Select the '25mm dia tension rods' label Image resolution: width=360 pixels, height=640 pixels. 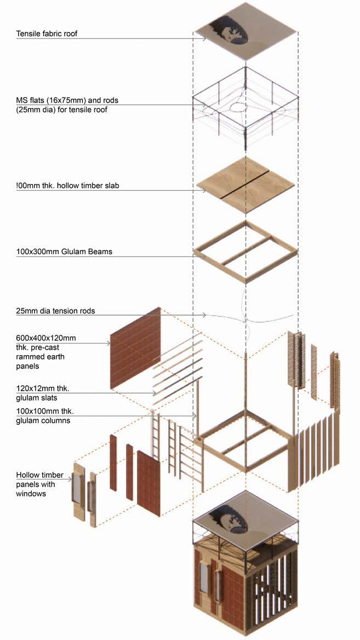55,311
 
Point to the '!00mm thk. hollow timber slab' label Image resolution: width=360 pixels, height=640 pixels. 67,186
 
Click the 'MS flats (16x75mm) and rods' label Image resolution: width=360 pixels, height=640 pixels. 67,100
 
